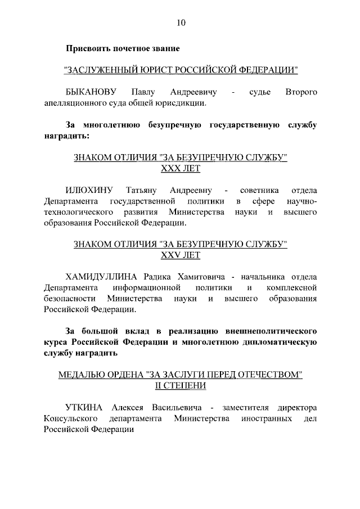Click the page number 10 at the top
click(181, 23)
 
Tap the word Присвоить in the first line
click(88, 48)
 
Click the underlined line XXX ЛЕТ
click(181, 169)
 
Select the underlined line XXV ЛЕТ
click(181, 255)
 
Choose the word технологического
click(79, 212)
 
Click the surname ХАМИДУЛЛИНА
click(102, 276)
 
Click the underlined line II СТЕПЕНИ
click(181, 386)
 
